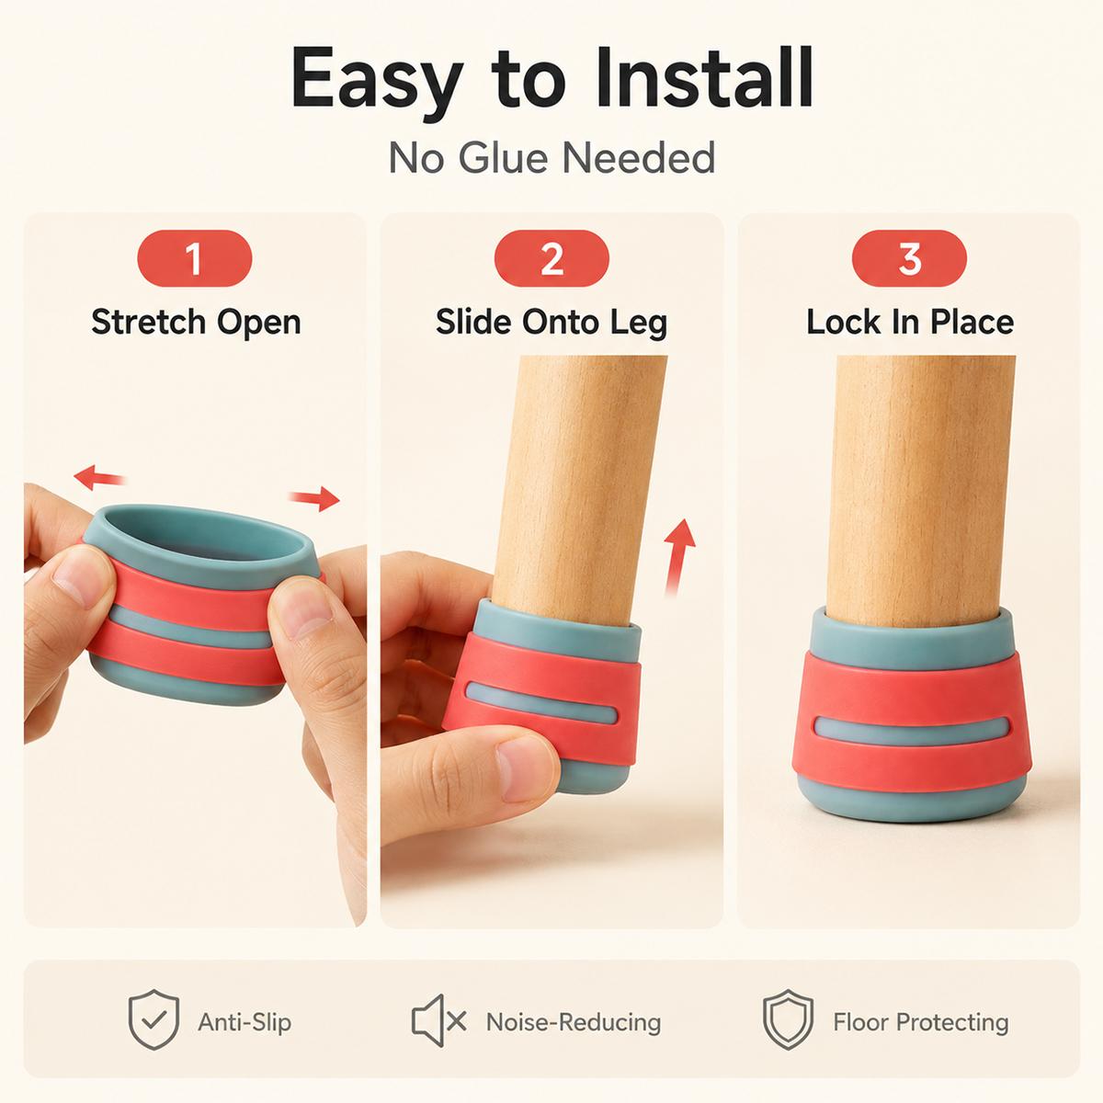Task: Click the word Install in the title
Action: pyautogui.click(x=704, y=78)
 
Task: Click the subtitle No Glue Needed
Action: pyautogui.click(x=551, y=157)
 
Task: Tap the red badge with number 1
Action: pyautogui.click(x=195, y=258)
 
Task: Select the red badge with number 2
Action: pyautogui.click(x=551, y=258)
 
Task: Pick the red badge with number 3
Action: pyautogui.click(x=910, y=258)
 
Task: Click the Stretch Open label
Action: pyautogui.click(x=196, y=324)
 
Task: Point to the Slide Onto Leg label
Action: pyautogui.click(x=551, y=324)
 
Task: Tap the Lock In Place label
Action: pyautogui.click(x=910, y=323)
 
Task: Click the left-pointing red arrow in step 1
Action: pyautogui.click(x=99, y=477)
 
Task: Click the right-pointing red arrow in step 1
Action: pyautogui.click(x=314, y=498)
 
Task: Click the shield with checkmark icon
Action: pyautogui.click(x=154, y=1019)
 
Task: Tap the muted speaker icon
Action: pyautogui.click(x=438, y=1020)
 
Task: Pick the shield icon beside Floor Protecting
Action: pyautogui.click(x=788, y=1019)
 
